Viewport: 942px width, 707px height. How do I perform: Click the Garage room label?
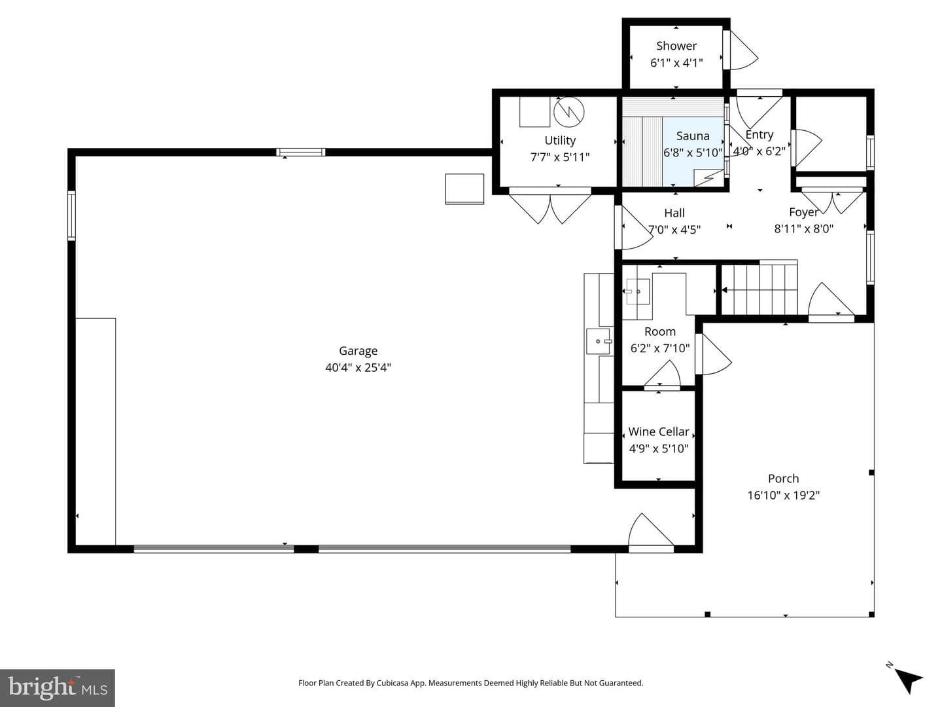click(358, 351)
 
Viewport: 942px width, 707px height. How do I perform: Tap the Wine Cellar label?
click(658, 431)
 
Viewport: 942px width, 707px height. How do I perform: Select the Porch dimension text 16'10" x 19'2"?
click(783, 495)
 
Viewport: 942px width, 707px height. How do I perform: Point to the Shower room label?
click(676, 46)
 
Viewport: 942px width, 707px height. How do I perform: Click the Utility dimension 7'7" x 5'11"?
click(559, 157)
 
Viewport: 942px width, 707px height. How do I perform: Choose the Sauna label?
click(693, 136)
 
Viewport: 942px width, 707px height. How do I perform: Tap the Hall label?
click(674, 213)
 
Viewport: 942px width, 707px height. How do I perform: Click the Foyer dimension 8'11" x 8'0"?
click(803, 228)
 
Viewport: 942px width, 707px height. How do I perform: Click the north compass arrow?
click(908, 680)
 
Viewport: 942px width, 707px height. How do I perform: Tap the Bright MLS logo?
click(58, 687)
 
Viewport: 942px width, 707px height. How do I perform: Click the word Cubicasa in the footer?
click(392, 683)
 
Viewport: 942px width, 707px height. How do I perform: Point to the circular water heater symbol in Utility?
click(569, 112)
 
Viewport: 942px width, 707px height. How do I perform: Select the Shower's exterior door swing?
click(741, 50)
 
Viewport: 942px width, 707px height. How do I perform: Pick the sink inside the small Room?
click(637, 291)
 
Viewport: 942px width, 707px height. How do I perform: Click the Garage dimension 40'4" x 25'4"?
click(358, 367)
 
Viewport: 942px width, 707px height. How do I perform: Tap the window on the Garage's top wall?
click(300, 152)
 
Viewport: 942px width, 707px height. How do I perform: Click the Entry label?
click(759, 134)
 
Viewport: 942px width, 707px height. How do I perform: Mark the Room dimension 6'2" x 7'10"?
click(659, 348)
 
